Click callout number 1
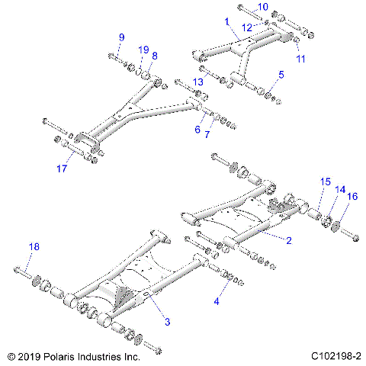(x=226, y=23)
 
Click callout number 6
(x=197, y=130)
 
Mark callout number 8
(x=155, y=56)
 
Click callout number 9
(x=120, y=38)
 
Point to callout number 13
(x=197, y=82)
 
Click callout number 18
(x=34, y=246)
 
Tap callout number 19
(x=143, y=50)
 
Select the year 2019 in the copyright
(x=30, y=356)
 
